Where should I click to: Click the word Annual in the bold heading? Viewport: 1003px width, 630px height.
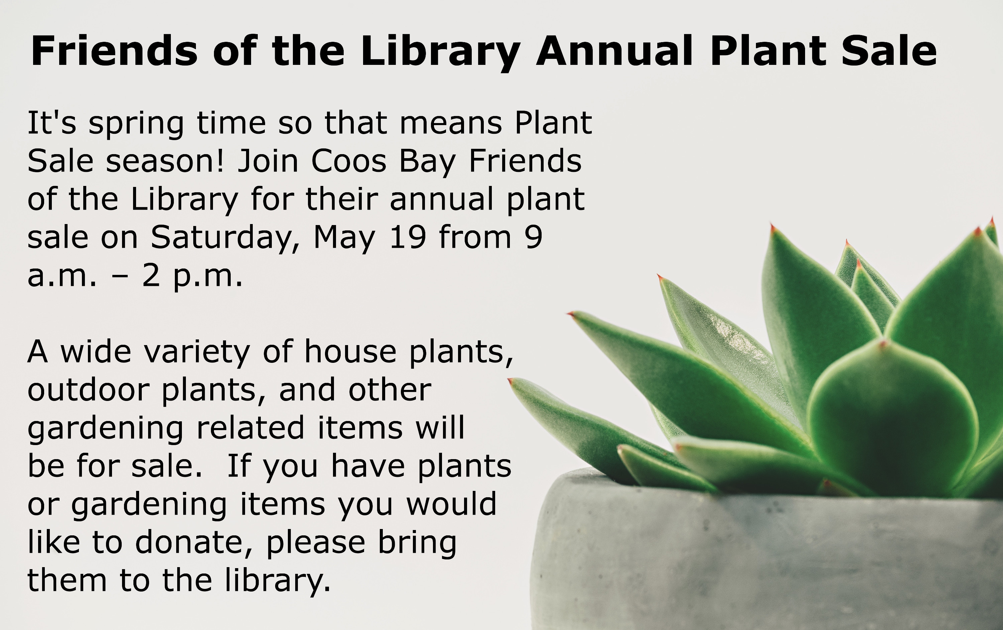(615, 51)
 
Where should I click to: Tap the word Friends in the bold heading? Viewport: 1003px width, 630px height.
(114, 51)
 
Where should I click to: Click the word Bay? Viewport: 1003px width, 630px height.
(427, 163)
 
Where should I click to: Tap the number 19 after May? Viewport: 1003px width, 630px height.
(407, 237)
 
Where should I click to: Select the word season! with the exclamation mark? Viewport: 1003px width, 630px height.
(165, 161)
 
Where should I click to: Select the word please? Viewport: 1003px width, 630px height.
(316, 544)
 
